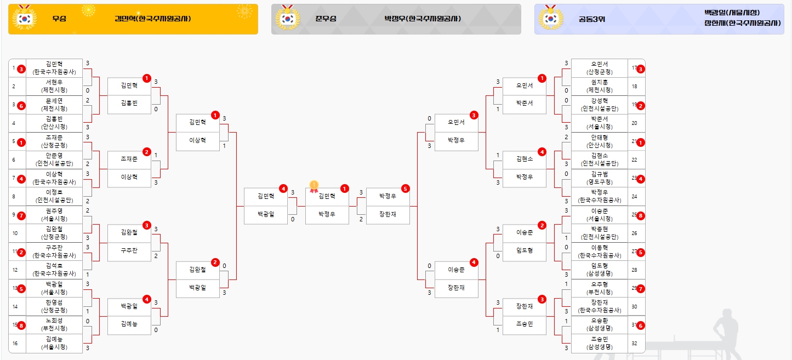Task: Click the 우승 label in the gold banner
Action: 59,19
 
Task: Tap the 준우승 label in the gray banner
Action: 326,19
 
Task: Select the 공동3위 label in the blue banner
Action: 591,19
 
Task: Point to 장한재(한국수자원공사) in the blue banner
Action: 742,23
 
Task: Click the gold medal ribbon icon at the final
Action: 314,186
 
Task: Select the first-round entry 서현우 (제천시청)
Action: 54,86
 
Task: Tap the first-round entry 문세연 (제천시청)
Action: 54,104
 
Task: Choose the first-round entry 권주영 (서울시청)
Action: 54,215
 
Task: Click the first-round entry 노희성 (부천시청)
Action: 54,324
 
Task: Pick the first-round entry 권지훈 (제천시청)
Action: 599,86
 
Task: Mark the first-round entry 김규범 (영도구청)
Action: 599,178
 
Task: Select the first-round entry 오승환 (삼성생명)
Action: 599,324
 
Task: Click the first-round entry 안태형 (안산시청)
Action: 599,141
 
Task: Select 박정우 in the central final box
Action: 327,214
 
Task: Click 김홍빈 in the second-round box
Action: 129,103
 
